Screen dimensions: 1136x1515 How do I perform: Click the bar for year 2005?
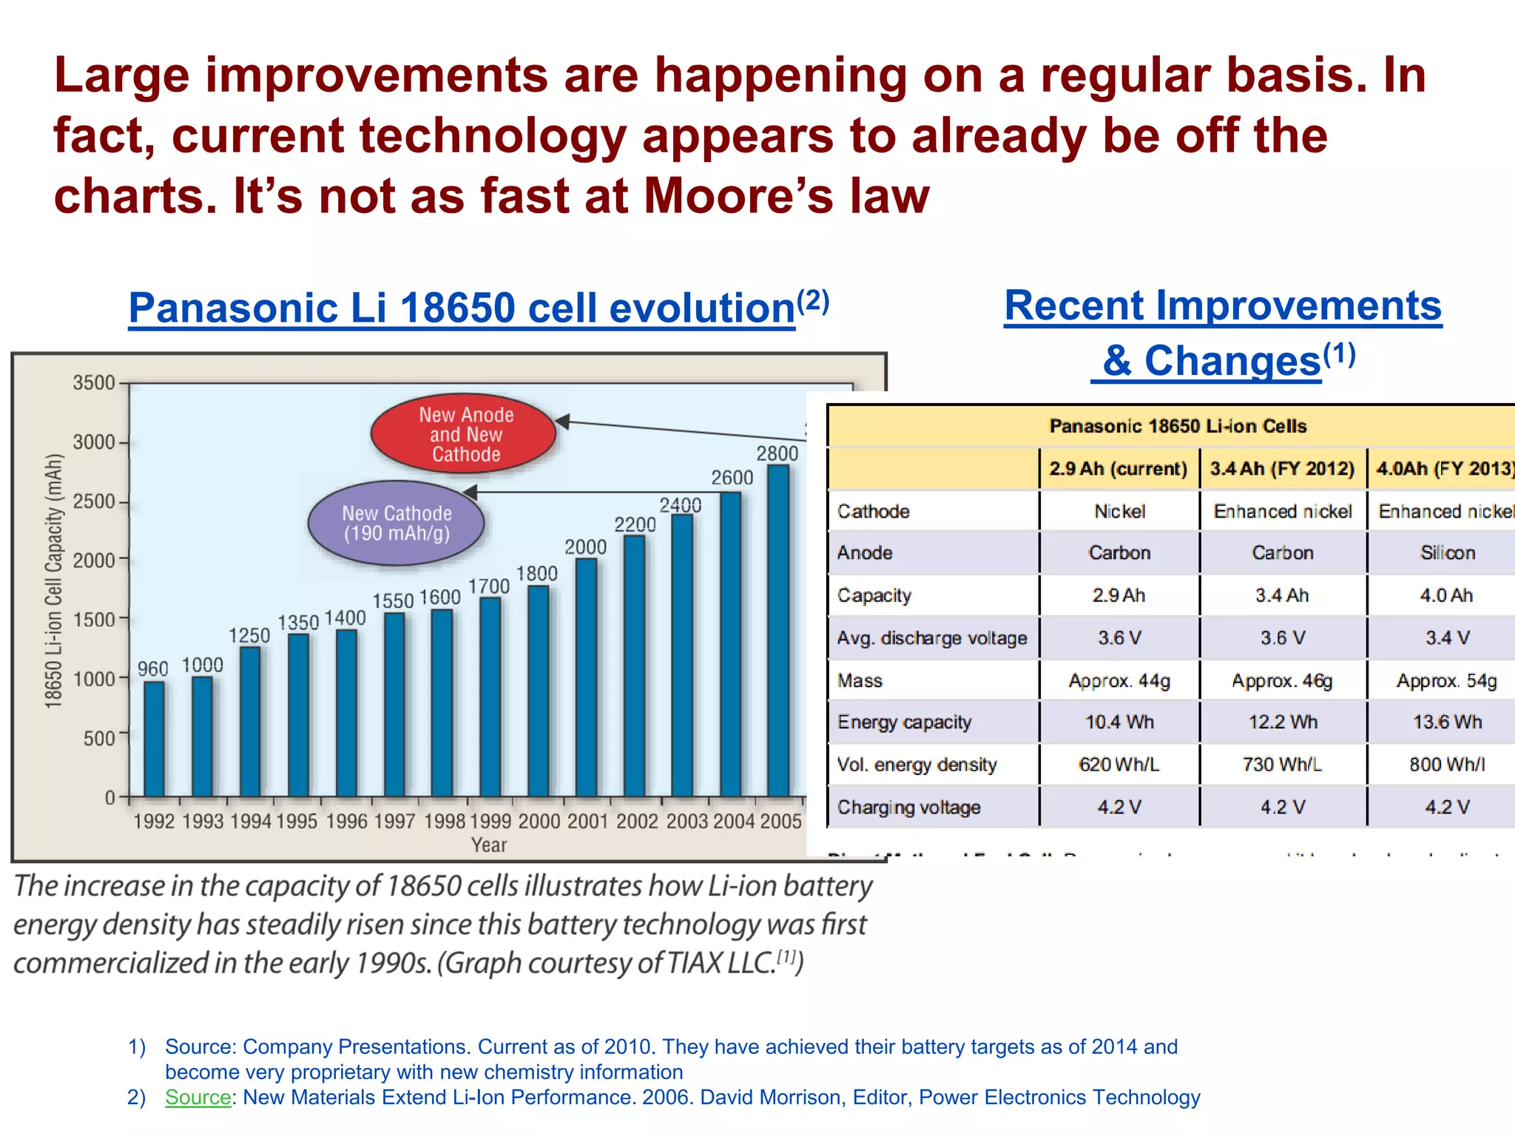(x=778, y=632)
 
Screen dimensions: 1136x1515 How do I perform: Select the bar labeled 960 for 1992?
(x=154, y=740)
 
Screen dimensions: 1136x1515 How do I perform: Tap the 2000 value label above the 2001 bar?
(x=585, y=547)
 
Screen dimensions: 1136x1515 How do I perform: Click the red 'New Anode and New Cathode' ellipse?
(x=464, y=434)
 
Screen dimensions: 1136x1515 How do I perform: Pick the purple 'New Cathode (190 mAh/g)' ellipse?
(x=397, y=523)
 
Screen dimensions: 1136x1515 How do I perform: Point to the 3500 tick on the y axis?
(x=93, y=383)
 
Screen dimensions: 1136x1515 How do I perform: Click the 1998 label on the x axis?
(x=445, y=822)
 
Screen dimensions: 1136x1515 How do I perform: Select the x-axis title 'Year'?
(x=489, y=845)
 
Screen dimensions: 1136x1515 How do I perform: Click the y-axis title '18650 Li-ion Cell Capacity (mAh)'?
(x=53, y=581)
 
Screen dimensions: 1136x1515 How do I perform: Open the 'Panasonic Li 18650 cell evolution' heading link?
(x=462, y=308)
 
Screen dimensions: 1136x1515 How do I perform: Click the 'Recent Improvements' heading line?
(x=1223, y=305)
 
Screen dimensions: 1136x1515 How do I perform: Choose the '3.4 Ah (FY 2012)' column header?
(x=1282, y=469)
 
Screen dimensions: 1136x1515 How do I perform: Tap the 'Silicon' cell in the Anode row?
(x=1447, y=553)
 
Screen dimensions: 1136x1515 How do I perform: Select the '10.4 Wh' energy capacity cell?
(x=1119, y=723)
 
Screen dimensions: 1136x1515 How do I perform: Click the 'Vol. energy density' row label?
(x=917, y=765)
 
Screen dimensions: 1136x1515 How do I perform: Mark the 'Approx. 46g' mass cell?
(x=1282, y=680)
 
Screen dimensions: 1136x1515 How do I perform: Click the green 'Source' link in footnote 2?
(x=198, y=1098)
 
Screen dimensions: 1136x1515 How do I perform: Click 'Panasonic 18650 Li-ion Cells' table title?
(x=1178, y=426)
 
